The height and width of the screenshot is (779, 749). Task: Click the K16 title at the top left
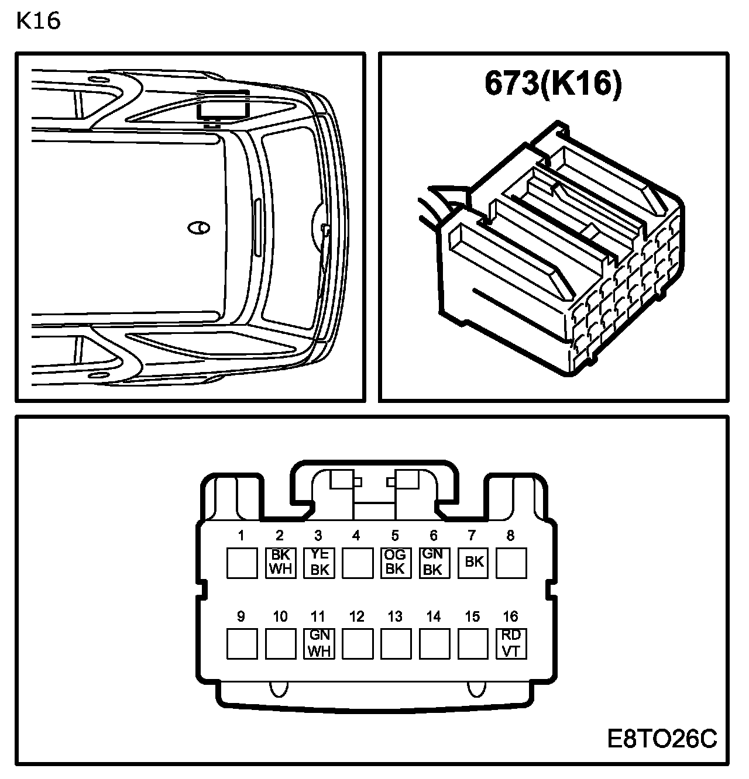click(39, 21)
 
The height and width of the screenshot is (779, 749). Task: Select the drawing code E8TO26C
click(662, 739)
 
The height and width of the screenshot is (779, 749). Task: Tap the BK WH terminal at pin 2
click(281, 563)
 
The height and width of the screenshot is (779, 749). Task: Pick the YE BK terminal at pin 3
click(319, 563)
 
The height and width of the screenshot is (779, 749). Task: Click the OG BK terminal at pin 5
click(396, 563)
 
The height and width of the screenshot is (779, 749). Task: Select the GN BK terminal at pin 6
click(435, 563)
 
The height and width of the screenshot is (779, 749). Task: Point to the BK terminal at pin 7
click(473, 563)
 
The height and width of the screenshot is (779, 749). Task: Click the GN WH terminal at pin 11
click(319, 644)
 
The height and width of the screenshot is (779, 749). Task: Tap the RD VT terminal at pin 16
click(511, 644)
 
